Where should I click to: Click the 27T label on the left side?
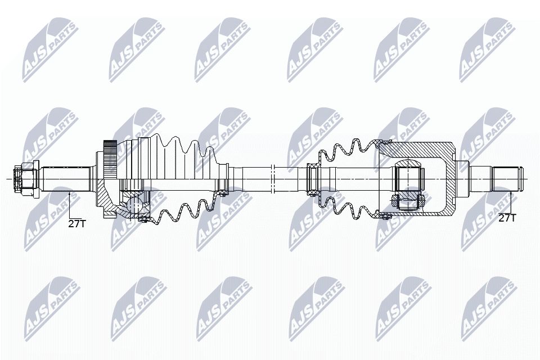pyautogui.click(x=77, y=223)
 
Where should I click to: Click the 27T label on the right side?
pyautogui.click(x=507, y=218)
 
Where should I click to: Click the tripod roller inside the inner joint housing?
pyautogui.click(x=409, y=179)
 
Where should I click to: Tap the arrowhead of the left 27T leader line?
pyautogui.click(x=70, y=193)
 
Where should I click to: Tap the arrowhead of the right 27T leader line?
pyautogui.click(x=511, y=193)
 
